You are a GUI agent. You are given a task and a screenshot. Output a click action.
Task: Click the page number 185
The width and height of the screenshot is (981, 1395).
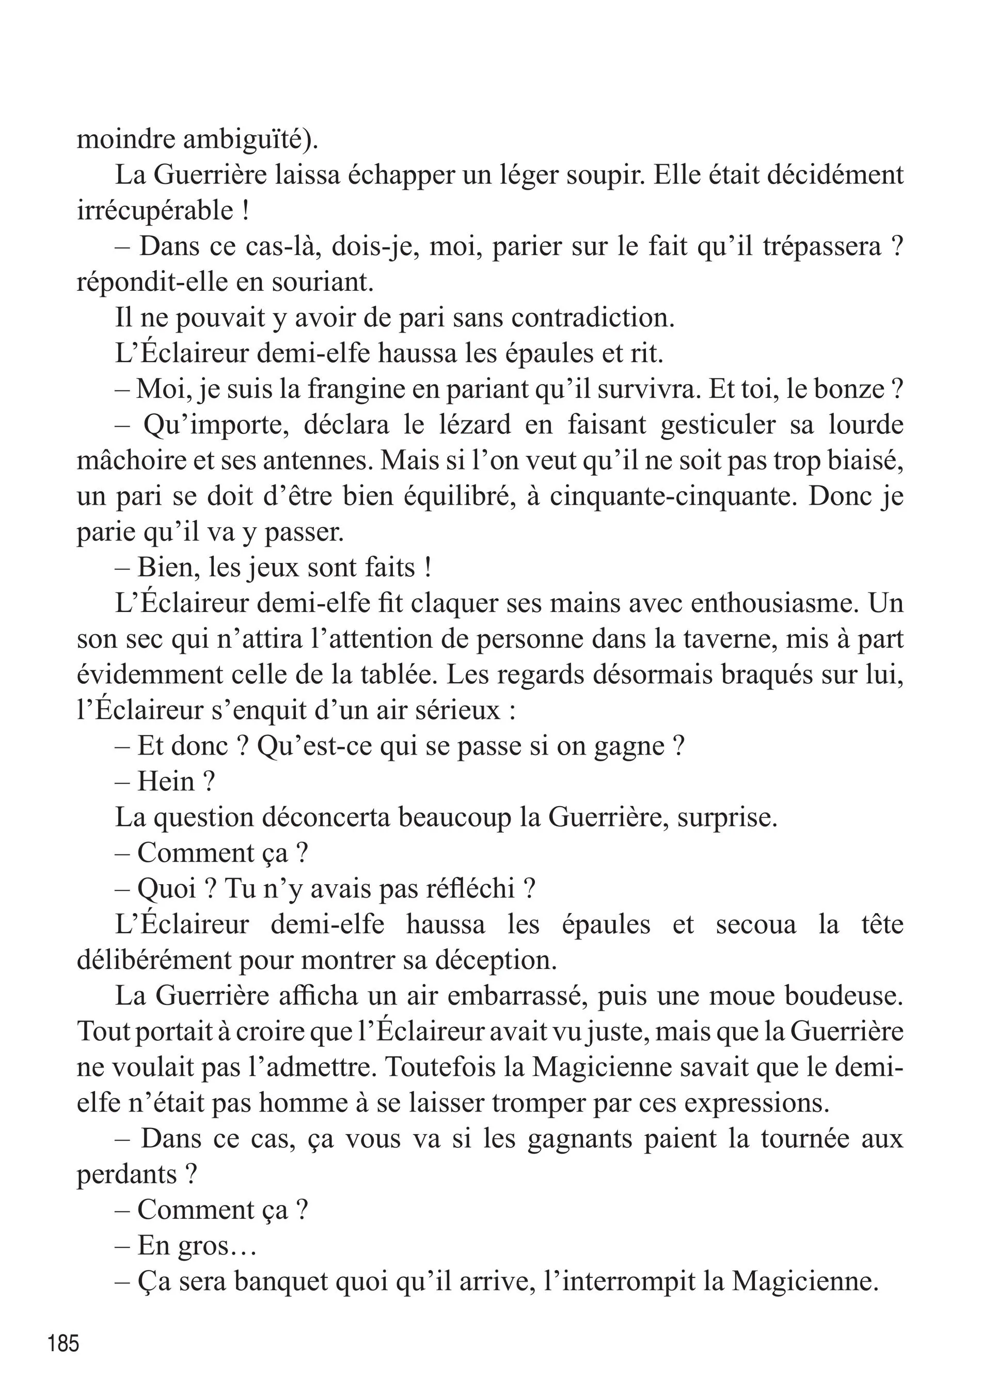64,1343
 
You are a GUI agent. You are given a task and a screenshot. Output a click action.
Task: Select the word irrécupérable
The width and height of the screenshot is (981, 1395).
155,211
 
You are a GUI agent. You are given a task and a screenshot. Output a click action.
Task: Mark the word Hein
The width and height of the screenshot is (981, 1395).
166,782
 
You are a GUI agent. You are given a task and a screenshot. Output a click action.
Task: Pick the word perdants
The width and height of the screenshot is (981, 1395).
126,1175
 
